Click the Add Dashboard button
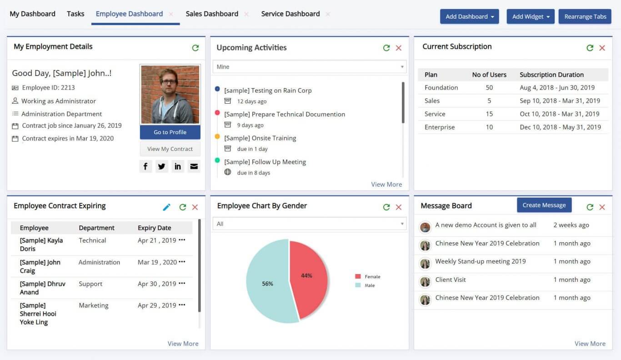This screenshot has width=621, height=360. pyautogui.click(x=469, y=16)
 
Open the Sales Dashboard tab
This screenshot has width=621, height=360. pyautogui.click(x=212, y=14)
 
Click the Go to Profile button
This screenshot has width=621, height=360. pyautogui.click(x=170, y=132)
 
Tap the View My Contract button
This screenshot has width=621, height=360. pyautogui.click(x=170, y=149)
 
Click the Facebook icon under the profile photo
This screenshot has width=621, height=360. pyautogui.click(x=145, y=166)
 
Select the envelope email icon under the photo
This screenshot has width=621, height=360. pyautogui.click(x=194, y=166)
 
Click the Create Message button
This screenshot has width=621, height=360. pyautogui.click(x=544, y=205)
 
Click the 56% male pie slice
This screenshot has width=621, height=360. pyautogui.click(x=267, y=284)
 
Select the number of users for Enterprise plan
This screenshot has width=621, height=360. pyautogui.click(x=489, y=127)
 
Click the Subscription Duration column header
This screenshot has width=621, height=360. pyautogui.click(x=551, y=75)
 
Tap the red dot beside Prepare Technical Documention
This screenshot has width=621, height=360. pyautogui.click(x=217, y=113)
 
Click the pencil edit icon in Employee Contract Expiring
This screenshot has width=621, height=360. pyautogui.click(x=167, y=207)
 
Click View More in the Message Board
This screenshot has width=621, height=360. pyautogui.click(x=590, y=344)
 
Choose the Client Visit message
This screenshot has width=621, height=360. pyautogui.click(x=450, y=280)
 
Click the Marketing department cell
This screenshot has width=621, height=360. pyautogui.click(x=94, y=305)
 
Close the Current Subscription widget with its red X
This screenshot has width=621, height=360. pyautogui.click(x=602, y=48)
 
